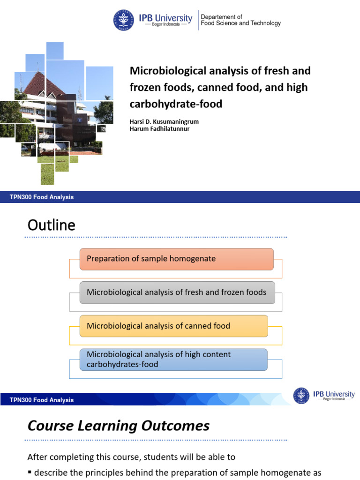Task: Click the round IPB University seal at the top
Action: point(123,20)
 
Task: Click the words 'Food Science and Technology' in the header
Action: point(240,23)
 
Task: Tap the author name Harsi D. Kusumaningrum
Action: point(164,121)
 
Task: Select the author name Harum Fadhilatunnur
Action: point(159,129)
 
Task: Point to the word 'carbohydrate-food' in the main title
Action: point(176,104)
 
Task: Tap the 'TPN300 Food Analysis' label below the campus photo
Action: point(42,197)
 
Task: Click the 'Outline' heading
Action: point(52,225)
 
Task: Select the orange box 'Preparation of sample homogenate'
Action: point(176,259)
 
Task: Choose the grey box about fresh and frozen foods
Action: point(177,292)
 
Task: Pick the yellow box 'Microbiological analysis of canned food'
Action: point(173,326)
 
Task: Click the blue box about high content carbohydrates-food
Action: point(173,360)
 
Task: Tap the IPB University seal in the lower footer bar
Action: point(301,396)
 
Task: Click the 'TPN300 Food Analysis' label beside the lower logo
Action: point(42,400)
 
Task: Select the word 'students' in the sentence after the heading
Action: point(162,457)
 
